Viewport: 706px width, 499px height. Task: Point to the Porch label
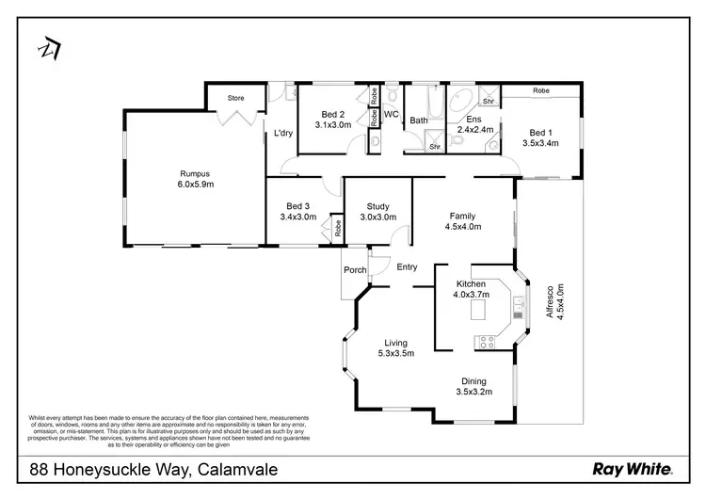coord(355,270)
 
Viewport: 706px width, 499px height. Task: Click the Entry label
coord(407,267)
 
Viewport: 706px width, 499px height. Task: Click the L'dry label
coord(283,133)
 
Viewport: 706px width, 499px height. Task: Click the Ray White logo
coord(631,468)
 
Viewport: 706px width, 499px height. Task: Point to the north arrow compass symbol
coord(48,47)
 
